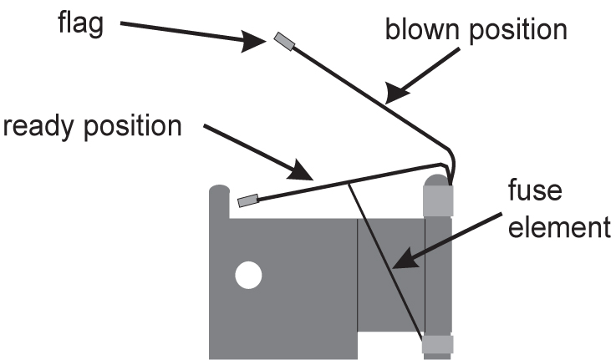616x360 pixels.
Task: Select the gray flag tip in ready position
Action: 248,200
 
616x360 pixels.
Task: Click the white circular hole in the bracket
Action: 247,274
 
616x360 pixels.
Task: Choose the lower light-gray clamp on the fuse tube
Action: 438,343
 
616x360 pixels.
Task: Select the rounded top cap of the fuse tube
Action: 437,180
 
